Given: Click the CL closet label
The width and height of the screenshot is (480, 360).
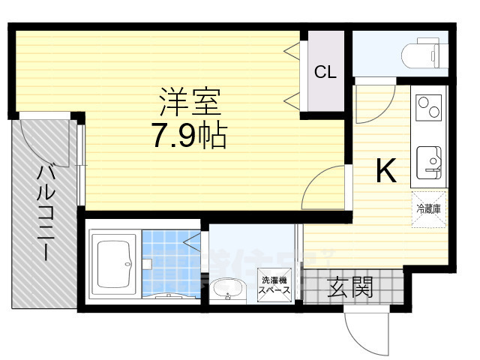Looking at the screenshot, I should (325, 72).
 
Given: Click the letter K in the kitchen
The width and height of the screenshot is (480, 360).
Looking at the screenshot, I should (385, 172).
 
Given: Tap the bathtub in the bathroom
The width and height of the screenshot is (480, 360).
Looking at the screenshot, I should (112, 264).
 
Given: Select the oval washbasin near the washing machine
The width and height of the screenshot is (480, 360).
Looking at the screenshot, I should (225, 289).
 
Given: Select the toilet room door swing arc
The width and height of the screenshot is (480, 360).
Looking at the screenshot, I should (373, 100).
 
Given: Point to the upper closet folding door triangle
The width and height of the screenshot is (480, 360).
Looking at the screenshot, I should (292, 51).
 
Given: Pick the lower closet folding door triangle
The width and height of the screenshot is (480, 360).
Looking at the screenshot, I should (292, 100).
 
